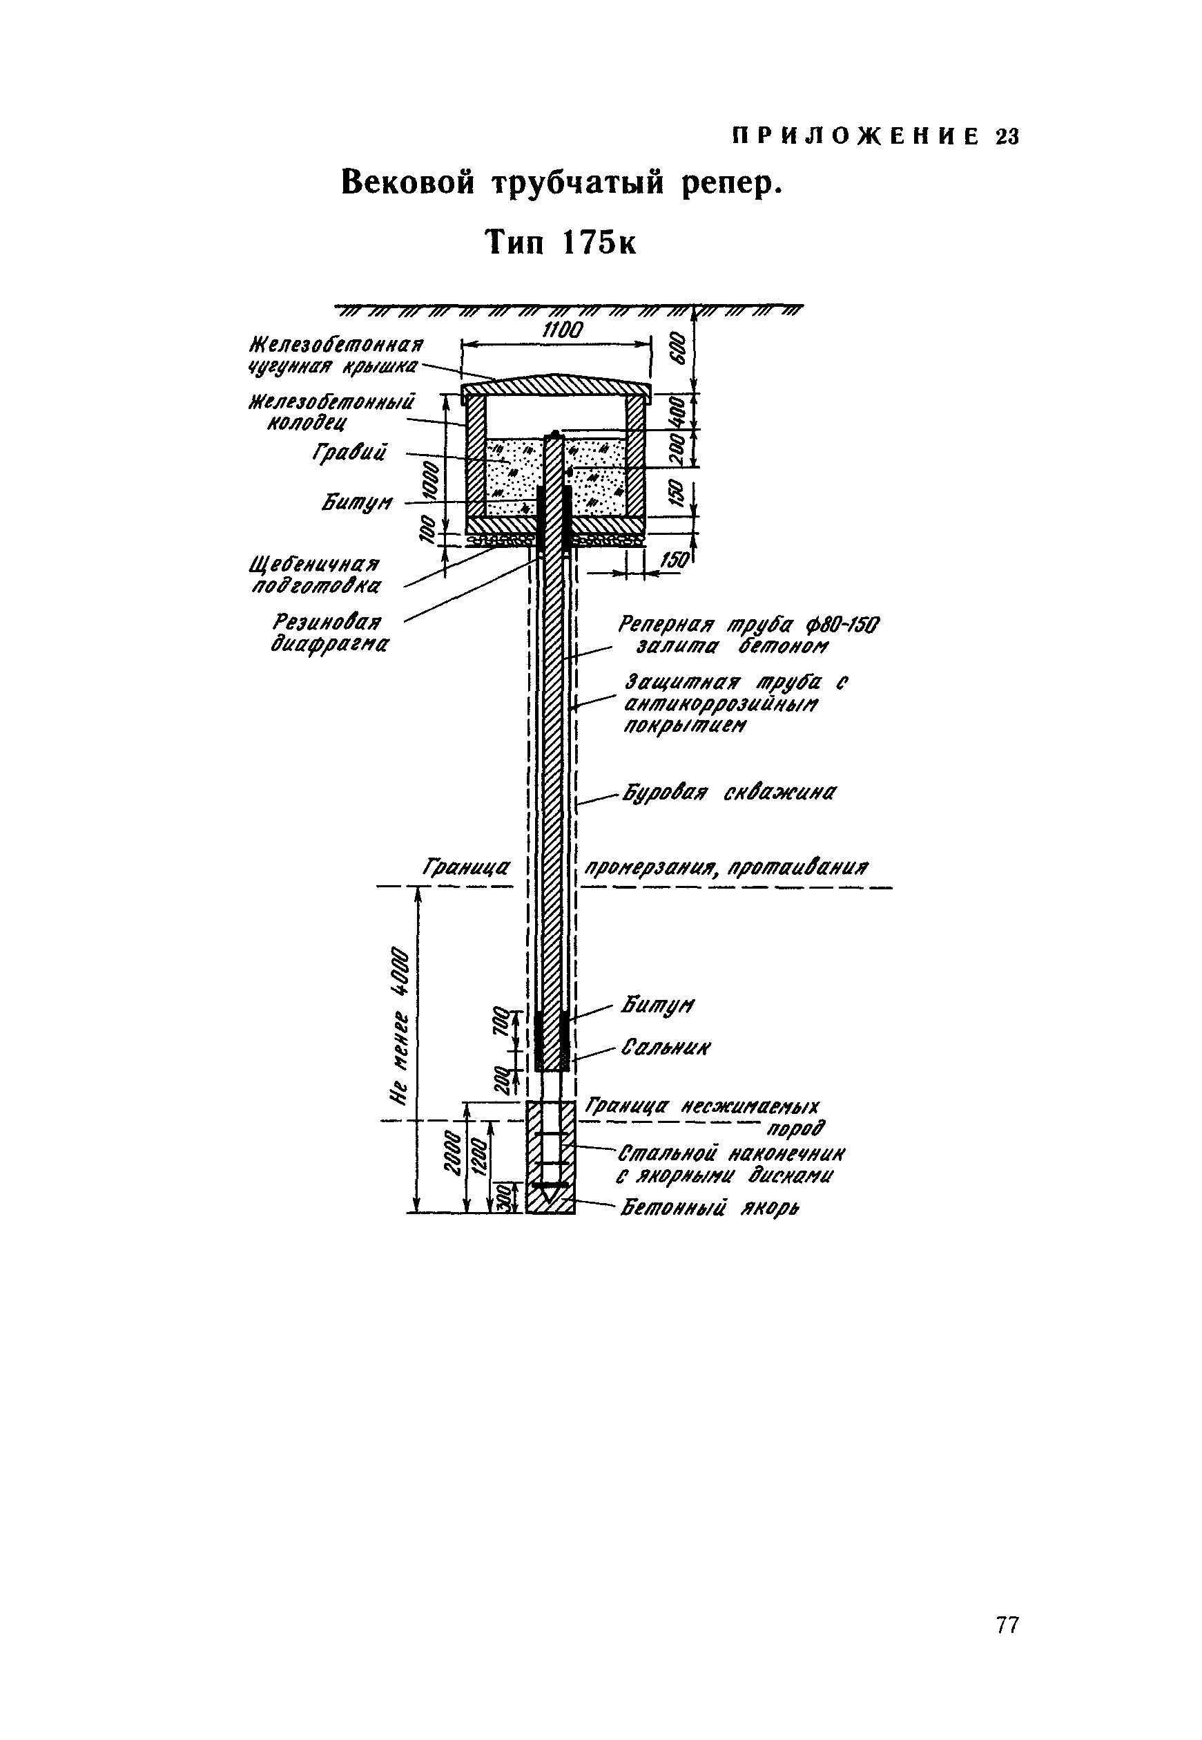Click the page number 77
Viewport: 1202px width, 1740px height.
[x=1007, y=1626]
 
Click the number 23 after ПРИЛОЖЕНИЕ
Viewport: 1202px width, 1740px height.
[x=1007, y=137]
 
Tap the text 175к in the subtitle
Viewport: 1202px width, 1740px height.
[x=599, y=243]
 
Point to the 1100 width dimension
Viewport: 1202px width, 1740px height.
[x=563, y=330]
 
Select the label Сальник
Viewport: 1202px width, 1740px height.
[x=666, y=1048]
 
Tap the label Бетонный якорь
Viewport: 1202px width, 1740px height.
[x=710, y=1209]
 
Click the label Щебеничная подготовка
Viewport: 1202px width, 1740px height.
[x=316, y=575]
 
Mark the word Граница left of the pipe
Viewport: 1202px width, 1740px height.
[x=466, y=868]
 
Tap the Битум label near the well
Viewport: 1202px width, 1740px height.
[x=357, y=502]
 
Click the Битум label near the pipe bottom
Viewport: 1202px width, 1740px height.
[x=657, y=1005]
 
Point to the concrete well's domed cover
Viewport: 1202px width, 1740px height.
[x=555, y=385]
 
